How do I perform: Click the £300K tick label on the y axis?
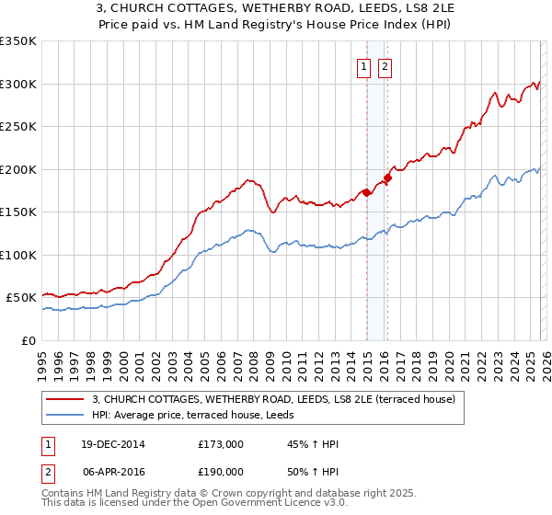pyautogui.click(x=18, y=84)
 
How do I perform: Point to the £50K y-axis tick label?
pyautogui.click(x=21, y=298)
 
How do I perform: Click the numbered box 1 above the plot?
pyautogui.click(x=363, y=66)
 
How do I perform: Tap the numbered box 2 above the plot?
pyautogui.click(x=384, y=66)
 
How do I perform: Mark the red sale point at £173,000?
pyautogui.click(x=366, y=192)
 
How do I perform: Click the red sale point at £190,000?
pyautogui.click(x=387, y=178)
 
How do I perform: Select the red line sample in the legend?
pyautogui.click(x=64, y=400)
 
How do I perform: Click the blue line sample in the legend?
pyautogui.click(x=64, y=416)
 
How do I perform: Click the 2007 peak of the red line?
pyautogui.click(x=247, y=179)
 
